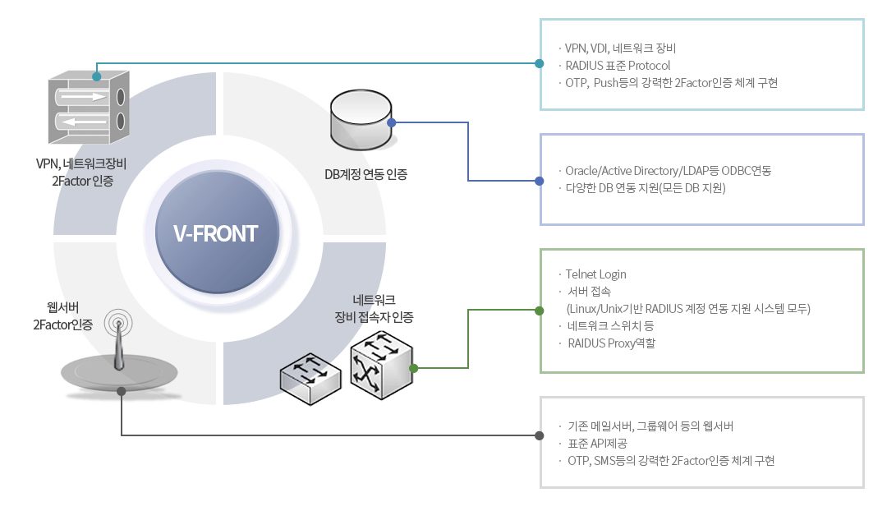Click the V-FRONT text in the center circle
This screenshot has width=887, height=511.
215,233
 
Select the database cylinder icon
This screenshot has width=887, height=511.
361,119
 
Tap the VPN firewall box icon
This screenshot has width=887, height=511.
89,107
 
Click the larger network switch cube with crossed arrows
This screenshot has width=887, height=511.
382,365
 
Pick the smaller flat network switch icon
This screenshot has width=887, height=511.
310,378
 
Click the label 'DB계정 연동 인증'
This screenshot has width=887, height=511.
365,174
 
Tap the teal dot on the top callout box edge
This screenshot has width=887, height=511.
539,63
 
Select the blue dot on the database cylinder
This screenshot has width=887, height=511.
392,122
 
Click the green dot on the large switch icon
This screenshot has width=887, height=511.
413,368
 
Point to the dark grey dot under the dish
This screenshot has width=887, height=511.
121,391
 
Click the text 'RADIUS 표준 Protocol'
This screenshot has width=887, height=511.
618,66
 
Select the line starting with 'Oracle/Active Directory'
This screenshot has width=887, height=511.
668,171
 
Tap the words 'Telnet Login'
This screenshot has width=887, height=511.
595,274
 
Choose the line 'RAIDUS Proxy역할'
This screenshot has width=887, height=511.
612,343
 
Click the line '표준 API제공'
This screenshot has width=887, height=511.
597,444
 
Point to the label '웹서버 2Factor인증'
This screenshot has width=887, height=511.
62,316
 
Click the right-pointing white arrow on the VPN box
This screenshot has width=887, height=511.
84,97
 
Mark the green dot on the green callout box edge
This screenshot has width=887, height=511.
539,311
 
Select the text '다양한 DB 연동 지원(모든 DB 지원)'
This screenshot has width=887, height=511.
646,188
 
